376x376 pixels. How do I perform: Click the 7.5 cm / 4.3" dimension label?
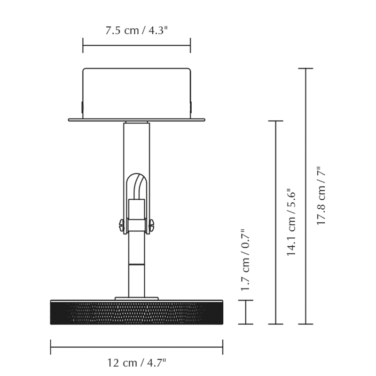click(x=136, y=31)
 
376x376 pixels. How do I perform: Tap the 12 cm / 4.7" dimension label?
click(x=136, y=363)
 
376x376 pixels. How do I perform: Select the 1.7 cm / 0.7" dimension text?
click(x=245, y=260)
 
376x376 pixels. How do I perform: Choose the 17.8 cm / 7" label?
click(x=321, y=195)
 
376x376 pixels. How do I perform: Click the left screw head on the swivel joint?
click(x=121, y=225)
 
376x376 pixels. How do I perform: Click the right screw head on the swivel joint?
click(x=152, y=225)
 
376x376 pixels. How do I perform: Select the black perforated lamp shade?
click(x=137, y=312)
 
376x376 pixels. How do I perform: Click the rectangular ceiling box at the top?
click(x=137, y=93)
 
